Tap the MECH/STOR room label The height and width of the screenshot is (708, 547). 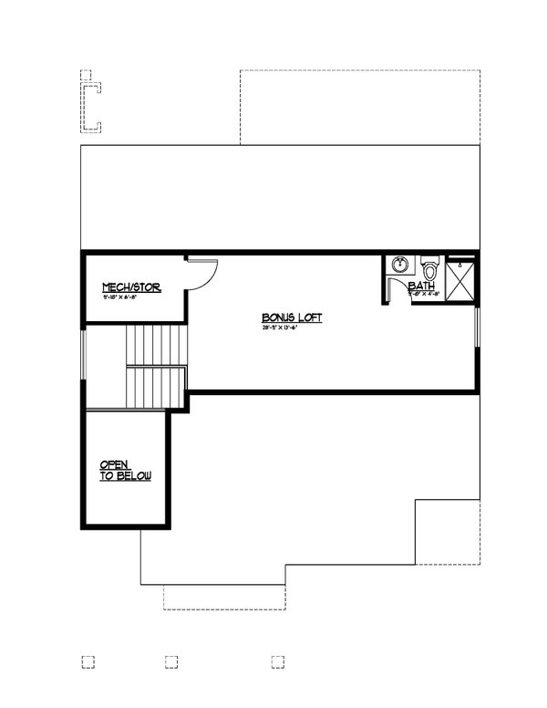click(x=131, y=287)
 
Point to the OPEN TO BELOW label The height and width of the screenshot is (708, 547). click(x=126, y=470)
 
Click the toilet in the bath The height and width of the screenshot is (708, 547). click(x=430, y=269)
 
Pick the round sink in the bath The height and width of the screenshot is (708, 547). click(x=399, y=265)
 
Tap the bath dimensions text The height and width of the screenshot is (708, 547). click(x=425, y=294)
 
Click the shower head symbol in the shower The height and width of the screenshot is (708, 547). click(x=461, y=266)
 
